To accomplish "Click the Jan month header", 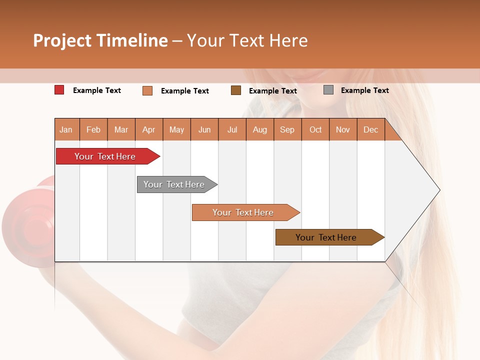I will [x=66, y=130].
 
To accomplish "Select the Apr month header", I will [x=148, y=130].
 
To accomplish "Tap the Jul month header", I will [x=232, y=130].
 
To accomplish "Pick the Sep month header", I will [x=287, y=130].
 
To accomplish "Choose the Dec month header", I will [x=370, y=130].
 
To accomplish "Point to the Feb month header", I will [x=93, y=130].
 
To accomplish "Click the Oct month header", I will [x=315, y=130].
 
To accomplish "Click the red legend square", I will [x=59, y=90].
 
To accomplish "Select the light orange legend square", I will [x=147, y=90].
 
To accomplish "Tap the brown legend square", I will [x=236, y=90].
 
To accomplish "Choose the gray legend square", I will [x=328, y=90].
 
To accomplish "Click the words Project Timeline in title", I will [x=100, y=40].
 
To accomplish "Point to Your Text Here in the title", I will [x=247, y=40].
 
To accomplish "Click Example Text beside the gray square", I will [x=364, y=90].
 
